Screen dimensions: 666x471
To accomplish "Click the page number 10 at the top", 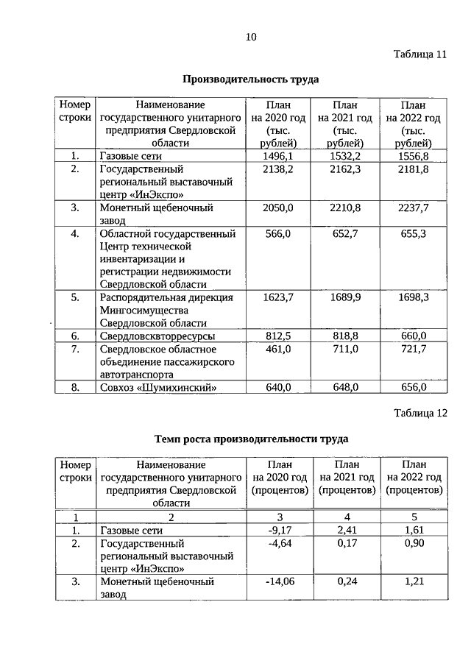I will (x=251, y=37).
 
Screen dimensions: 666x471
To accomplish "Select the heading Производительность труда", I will (x=251, y=79).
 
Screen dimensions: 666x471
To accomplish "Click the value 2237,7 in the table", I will (x=413, y=208).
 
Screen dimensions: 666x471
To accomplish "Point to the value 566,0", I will (x=278, y=233).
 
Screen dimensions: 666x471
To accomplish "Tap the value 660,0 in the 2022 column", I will (x=413, y=336).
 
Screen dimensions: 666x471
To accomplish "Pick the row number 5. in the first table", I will (x=75, y=297).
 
